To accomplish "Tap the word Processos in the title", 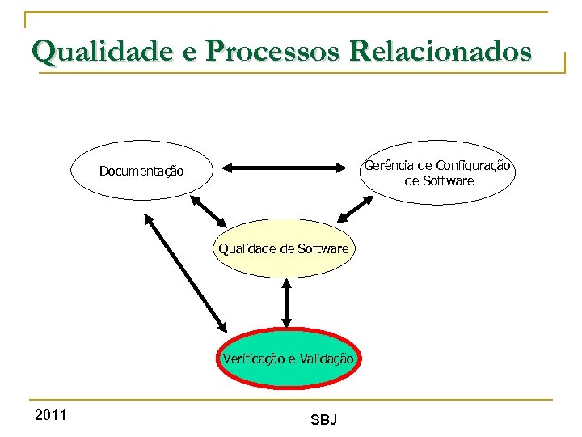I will pos(272,51).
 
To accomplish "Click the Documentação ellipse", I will pos(141,171).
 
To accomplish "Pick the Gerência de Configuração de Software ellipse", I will pos(437,172).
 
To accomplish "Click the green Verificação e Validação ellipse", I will pos(287,359).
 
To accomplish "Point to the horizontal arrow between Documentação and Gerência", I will pos(283,168).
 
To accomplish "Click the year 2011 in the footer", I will pos(51,415).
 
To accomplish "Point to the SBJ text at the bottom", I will pos(323,419).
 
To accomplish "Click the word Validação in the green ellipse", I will pos(327,359).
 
